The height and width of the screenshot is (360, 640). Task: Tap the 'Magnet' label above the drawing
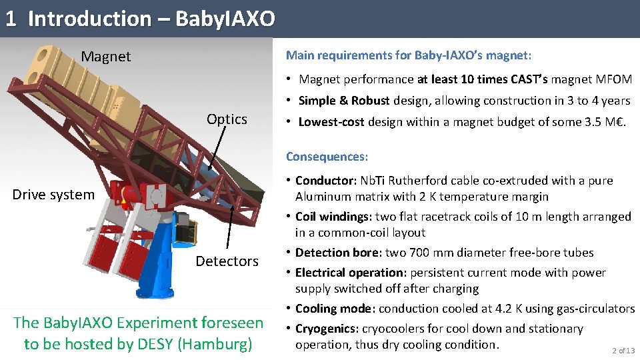click(106, 57)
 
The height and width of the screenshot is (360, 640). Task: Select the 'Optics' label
click(227, 119)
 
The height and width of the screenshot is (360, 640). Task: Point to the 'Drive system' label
click(53, 195)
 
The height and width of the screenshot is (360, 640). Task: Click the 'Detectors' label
click(227, 261)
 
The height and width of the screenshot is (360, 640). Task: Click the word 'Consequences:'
click(327, 157)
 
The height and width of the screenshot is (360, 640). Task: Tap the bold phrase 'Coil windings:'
click(333, 217)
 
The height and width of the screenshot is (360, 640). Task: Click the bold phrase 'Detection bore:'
click(339, 253)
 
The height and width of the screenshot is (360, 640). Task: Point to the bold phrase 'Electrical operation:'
click(351, 273)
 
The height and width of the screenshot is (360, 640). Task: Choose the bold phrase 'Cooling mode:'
click(333, 309)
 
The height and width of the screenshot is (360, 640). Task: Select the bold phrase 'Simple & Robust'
click(344, 101)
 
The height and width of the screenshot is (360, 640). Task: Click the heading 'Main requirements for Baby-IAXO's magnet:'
click(408, 55)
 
